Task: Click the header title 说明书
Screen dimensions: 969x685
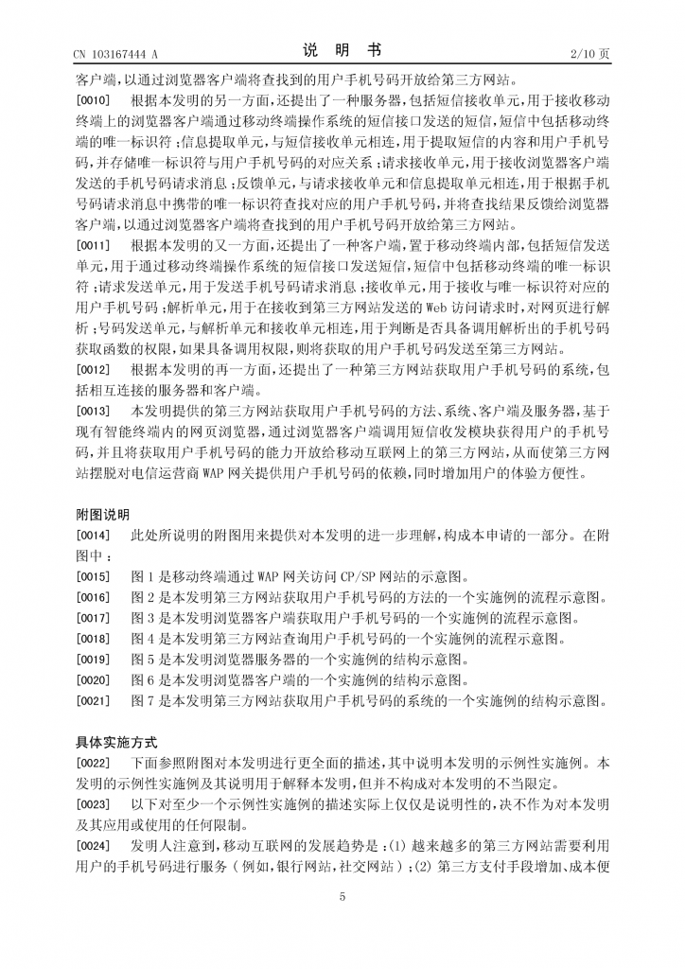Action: [342, 52]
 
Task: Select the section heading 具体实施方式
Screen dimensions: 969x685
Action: [115, 742]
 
